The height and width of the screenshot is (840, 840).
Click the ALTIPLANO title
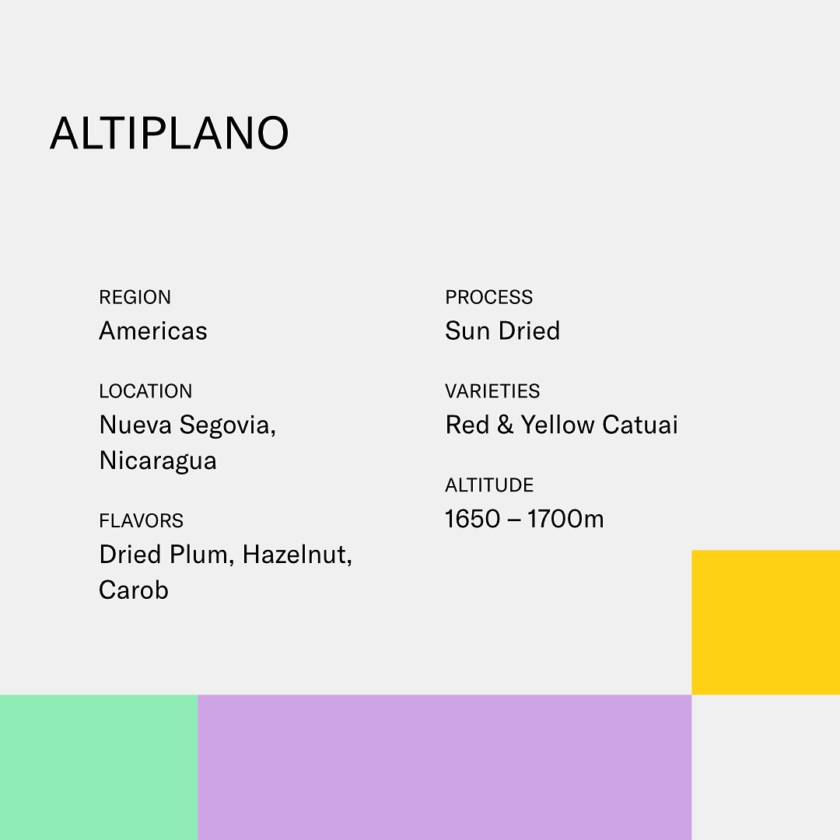point(170,133)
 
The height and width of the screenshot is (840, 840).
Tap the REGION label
point(135,297)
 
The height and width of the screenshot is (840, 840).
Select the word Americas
point(153,331)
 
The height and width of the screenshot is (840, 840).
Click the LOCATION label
point(145,391)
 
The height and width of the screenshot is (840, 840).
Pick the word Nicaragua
point(158,460)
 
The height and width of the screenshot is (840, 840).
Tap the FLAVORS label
point(142,520)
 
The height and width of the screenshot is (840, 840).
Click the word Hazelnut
point(297,555)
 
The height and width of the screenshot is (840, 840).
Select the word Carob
point(134,590)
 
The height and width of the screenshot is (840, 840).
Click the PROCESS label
point(489,297)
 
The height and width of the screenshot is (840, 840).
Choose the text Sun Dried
point(502,331)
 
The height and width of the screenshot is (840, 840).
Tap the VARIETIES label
point(492,391)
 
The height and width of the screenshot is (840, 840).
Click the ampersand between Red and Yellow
point(506,425)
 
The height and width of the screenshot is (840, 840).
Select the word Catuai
point(640,425)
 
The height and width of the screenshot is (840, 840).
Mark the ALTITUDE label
point(489,485)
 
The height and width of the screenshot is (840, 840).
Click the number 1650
point(473,519)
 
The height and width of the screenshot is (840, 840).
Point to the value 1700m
point(565,519)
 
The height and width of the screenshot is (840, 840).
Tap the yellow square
point(765,622)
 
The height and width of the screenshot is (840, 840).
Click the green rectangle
point(99,767)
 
